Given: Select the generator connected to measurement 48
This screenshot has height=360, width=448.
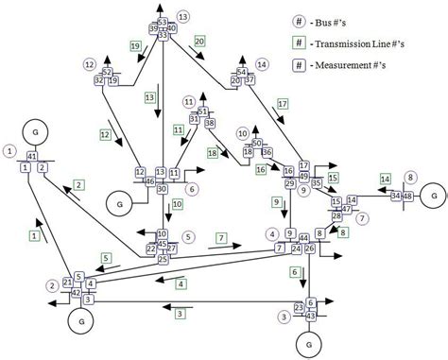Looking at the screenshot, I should click(x=432, y=194).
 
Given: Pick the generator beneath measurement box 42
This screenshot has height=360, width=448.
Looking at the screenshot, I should click(x=80, y=319).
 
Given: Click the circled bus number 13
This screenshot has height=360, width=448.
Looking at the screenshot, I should click(x=181, y=17).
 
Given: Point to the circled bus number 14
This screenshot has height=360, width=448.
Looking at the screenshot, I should click(x=262, y=64).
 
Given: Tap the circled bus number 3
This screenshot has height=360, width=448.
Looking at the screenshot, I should click(x=284, y=317).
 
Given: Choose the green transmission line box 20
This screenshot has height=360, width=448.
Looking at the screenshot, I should click(x=199, y=42).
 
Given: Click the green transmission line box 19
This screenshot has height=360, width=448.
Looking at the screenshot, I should click(x=136, y=45).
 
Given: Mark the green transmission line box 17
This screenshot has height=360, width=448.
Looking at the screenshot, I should click(x=282, y=103).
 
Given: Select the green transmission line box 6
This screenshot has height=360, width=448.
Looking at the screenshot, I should click(x=294, y=272).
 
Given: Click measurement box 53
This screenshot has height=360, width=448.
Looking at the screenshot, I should click(x=162, y=22).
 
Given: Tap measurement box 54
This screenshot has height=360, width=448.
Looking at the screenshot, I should click(x=242, y=72).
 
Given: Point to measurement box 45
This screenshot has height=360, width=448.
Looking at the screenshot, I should click(x=164, y=246).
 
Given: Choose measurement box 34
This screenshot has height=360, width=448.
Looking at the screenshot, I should click(x=395, y=196).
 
